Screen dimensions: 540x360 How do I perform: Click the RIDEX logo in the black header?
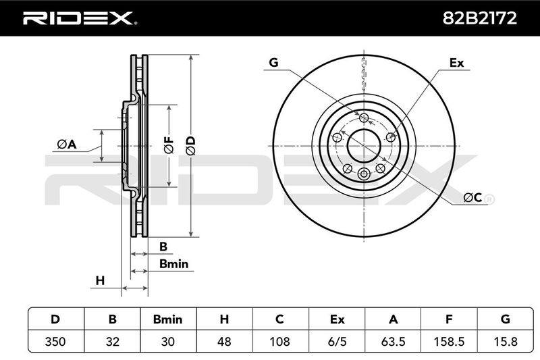pyautogui.click(x=80, y=18)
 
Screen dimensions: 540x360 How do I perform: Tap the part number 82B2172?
pyautogui.click(x=479, y=18)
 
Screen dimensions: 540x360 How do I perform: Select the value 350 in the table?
pyautogui.click(x=55, y=341)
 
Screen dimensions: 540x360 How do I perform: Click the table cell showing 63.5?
pyautogui.click(x=393, y=341)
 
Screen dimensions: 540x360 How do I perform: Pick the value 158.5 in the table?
pyautogui.click(x=449, y=341)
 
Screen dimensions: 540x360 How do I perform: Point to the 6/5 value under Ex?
pyautogui.click(x=337, y=341)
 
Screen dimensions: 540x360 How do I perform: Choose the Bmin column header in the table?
pyautogui.click(x=167, y=319)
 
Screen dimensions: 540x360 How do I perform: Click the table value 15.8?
pyautogui.click(x=505, y=341)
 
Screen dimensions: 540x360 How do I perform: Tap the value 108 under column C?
pyautogui.click(x=279, y=341)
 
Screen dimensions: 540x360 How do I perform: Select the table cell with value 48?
pyautogui.click(x=224, y=341)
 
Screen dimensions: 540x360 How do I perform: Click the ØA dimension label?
pyautogui.click(x=67, y=145)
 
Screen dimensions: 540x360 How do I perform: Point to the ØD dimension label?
pyautogui.click(x=191, y=146)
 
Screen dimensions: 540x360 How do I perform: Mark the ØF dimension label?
pyautogui.click(x=169, y=145)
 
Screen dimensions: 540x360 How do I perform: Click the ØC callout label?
pyautogui.click(x=473, y=197)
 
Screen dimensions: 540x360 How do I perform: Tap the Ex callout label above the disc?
pyautogui.click(x=457, y=63)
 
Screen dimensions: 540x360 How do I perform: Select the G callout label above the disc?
pyautogui.click(x=273, y=63)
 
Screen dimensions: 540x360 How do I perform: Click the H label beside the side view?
pyautogui.click(x=100, y=281)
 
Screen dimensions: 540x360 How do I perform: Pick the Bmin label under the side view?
pyautogui.click(x=174, y=264)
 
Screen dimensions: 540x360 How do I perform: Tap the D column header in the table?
pyautogui.click(x=55, y=319)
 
